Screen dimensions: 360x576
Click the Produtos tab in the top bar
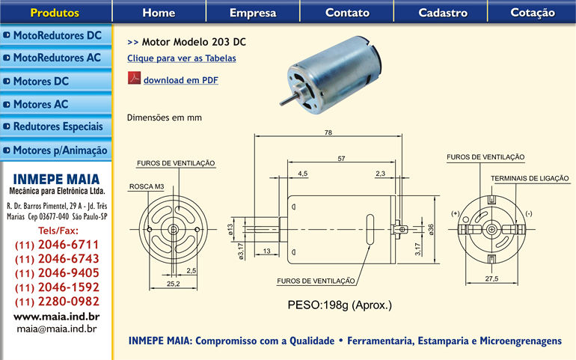coord(55,13)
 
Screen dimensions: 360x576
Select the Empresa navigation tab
coord(253,13)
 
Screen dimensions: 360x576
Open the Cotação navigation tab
coord(533,13)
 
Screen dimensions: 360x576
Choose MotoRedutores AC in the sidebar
coord(56,58)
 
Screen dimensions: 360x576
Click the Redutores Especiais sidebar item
coord(56,127)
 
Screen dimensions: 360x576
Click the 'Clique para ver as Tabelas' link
coord(181,58)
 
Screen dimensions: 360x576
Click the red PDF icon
coord(134,79)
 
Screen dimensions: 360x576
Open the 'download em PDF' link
coord(180,80)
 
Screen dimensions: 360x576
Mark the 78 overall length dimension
coord(328,132)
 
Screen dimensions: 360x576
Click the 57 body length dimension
coord(341,159)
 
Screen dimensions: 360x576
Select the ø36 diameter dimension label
coord(431,228)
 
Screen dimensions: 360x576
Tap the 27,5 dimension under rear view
coord(491,279)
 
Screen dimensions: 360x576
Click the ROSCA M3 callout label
coord(147,186)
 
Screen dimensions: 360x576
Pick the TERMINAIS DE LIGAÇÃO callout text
coord(530,178)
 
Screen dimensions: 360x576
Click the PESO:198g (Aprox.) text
coord(340,305)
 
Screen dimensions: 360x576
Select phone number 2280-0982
coord(57,302)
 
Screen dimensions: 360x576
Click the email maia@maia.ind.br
coord(57,329)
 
